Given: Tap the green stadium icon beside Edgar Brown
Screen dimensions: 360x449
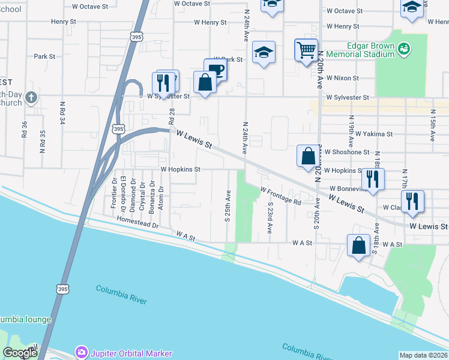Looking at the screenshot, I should [x=404, y=47].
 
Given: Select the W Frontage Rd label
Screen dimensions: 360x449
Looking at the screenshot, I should [x=280, y=196].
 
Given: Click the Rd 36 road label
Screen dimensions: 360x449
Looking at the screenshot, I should [x=25, y=130].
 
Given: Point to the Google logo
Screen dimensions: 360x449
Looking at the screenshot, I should [x=20, y=353].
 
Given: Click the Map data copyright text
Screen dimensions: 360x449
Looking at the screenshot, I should [x=423, y=355].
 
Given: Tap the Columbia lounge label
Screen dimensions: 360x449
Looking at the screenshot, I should [x=25, y=319].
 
